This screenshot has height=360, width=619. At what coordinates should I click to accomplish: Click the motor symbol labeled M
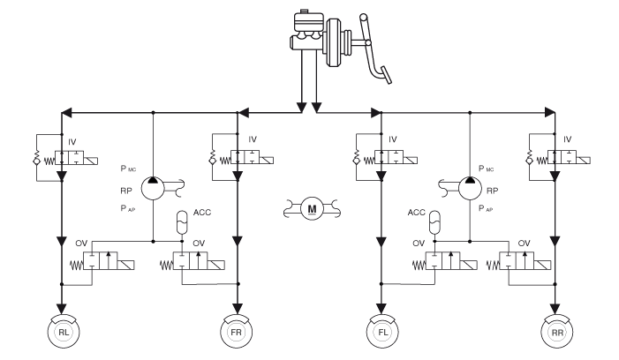310,208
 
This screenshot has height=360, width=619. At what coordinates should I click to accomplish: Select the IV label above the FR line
253,139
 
